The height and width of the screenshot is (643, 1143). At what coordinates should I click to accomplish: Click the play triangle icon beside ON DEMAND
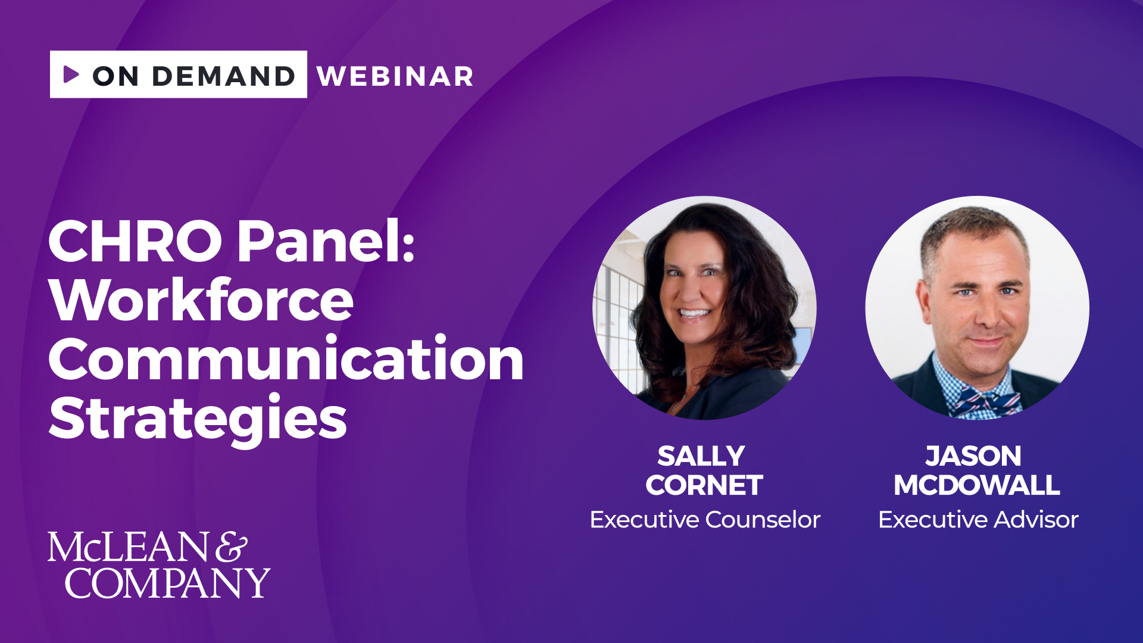71,74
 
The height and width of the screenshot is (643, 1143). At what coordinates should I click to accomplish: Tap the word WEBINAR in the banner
395,76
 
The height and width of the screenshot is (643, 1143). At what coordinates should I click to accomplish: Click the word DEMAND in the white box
224,76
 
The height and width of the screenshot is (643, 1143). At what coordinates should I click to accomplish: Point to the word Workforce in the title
201,299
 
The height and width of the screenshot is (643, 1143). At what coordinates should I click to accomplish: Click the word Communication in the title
286,358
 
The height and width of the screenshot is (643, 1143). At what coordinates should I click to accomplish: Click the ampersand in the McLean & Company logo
231,547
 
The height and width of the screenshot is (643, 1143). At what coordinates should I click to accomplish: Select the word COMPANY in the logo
167,583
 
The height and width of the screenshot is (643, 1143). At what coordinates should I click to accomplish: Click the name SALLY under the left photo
701,457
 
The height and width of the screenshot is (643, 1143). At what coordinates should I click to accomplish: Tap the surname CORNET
704,485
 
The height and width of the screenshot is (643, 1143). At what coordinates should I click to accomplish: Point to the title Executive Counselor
705,520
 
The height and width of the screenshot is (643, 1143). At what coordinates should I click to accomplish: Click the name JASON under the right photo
973,457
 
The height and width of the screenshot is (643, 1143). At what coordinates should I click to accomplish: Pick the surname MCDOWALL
977,485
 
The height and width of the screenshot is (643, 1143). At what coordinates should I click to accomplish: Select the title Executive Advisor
978,520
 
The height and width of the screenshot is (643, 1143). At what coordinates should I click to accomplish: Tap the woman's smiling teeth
694,313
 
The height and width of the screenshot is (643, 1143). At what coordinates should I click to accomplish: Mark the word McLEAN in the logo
128,547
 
